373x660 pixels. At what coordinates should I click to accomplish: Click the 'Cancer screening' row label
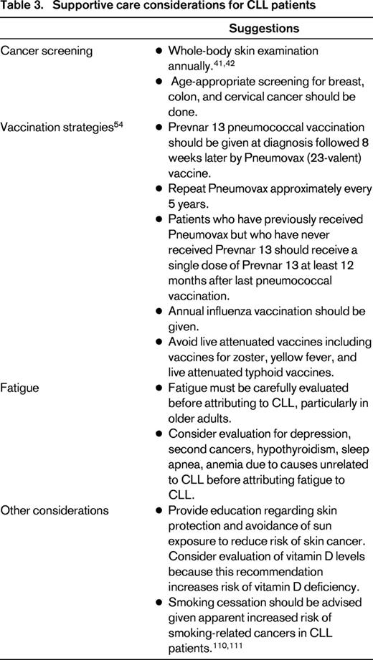pyautogui.click(x=40, y=52)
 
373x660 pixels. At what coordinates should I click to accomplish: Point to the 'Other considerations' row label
pyautogui.click(x=55, y=510)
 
